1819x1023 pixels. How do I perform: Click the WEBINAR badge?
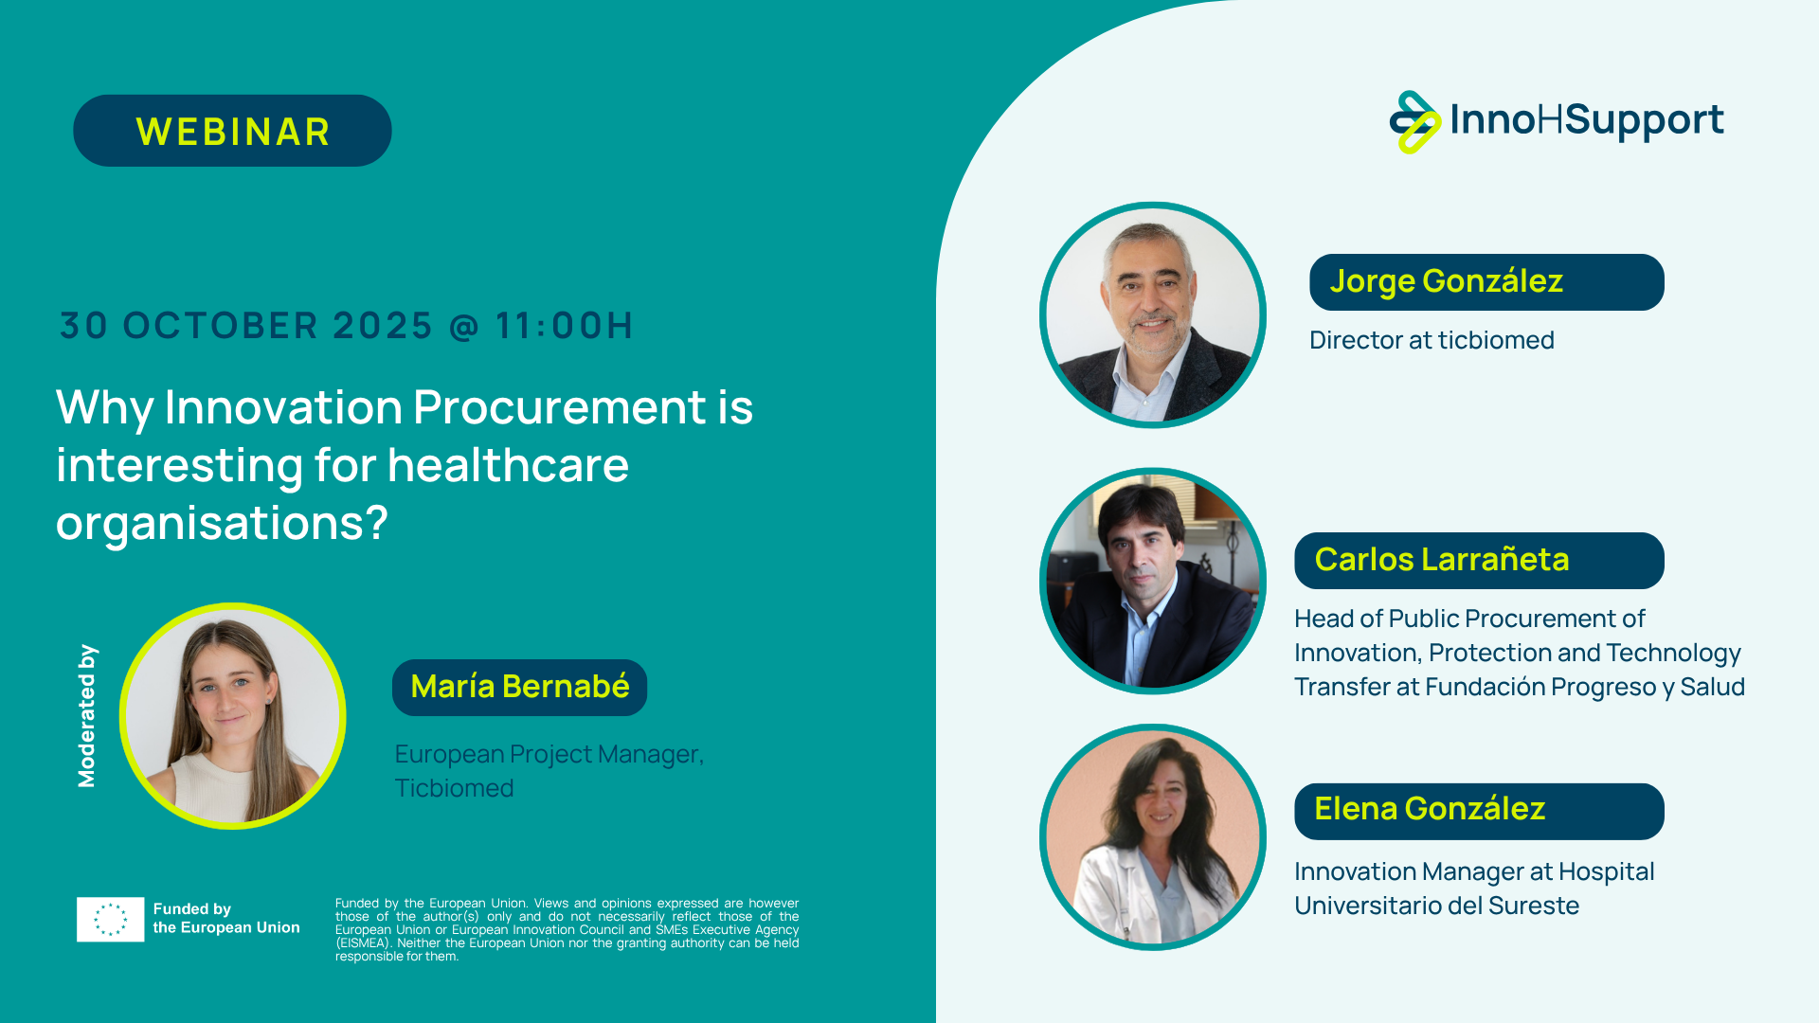click(232, 131)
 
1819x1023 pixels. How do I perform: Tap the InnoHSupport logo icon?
click(1414, 122)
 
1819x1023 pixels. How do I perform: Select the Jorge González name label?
click(1486, 282)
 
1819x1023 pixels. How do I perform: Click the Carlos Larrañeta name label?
click(1479, 560)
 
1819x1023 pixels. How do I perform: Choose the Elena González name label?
click(1479, 811)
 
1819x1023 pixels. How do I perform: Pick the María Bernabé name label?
click(519, 687)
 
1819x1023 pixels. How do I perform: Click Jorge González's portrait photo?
click(1153, 314)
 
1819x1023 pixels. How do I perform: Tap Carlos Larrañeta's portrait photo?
click(1153, 581)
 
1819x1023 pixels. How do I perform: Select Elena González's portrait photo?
click(1153, 837)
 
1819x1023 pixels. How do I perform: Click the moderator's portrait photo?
click(233, 716)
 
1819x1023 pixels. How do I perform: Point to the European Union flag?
click(111, 919)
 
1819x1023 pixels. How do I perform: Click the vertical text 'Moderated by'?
click(86, 716)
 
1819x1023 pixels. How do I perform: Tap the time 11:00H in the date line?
click(564, 326)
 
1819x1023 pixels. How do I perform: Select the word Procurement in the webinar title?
click(560, 408)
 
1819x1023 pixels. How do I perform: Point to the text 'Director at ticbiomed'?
click(1432, 340)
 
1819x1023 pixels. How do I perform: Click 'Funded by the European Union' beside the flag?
click(226, 918)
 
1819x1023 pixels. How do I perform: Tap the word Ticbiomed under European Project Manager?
click(454, 788)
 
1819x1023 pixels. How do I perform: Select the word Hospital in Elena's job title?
click(1606, 872)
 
